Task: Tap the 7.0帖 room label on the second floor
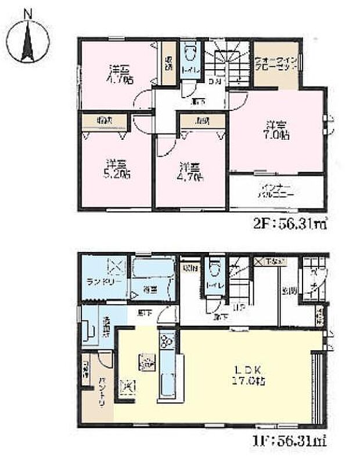[275, 131]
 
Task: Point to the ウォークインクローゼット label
[276, 64]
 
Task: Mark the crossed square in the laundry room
[114, 266]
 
